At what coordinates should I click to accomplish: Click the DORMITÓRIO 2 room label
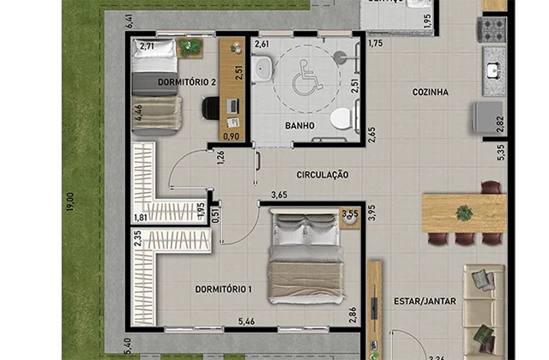(x=186, y=82)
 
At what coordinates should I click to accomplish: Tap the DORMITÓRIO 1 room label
(x=222, y=290)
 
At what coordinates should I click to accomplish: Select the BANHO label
(x=299, y=125)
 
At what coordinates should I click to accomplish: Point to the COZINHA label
(x=431, y=93)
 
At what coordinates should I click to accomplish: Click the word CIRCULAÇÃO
(x=323, y=174)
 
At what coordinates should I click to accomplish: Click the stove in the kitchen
(x=493, y=32)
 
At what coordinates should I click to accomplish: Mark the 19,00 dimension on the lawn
(x=69, y=204)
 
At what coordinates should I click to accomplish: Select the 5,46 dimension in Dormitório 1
(x=249, y=322)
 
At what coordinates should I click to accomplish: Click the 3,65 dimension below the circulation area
(x=279, y=195)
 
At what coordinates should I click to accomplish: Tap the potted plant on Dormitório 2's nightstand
(x=190, y=47)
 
